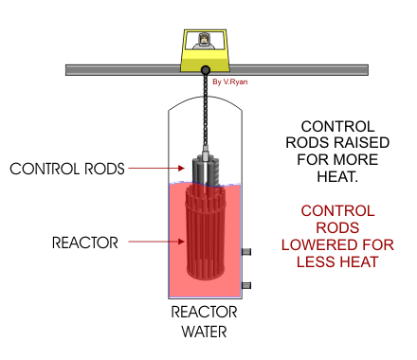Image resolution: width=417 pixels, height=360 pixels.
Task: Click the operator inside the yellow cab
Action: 204,42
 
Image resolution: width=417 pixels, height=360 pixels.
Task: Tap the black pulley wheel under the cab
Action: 206,70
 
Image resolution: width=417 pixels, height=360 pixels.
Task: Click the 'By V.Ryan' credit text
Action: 230,81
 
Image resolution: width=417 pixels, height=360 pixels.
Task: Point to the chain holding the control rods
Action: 206,110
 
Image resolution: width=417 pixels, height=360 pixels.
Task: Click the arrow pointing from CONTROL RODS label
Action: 156,168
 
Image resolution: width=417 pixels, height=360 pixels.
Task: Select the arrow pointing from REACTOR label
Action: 156,242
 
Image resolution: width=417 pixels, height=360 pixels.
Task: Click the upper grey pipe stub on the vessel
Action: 246,252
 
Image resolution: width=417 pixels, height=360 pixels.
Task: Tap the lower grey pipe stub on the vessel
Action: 246,285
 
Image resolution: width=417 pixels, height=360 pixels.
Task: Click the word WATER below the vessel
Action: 205,332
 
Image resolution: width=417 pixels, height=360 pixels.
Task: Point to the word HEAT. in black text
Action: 337,176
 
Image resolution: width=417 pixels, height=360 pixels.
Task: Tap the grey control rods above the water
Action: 206,170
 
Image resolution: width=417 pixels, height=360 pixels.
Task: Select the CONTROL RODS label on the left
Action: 67,169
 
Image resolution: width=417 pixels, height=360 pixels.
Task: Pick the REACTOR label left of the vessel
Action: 85,243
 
